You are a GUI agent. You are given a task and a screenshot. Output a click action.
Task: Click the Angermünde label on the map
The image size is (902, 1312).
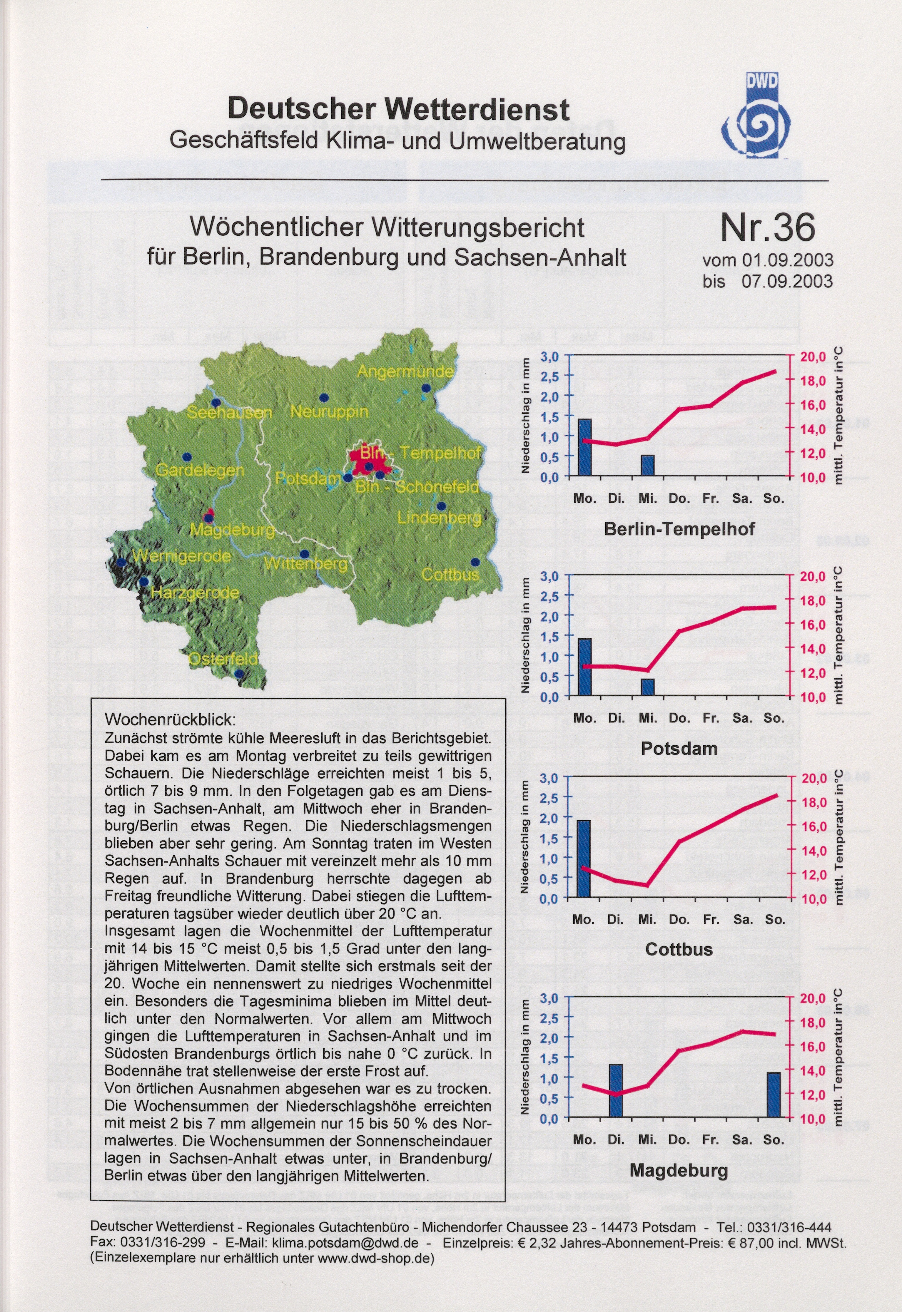[405, 372]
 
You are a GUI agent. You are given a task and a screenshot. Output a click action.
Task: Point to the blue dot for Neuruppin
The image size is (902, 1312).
[324, 397]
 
